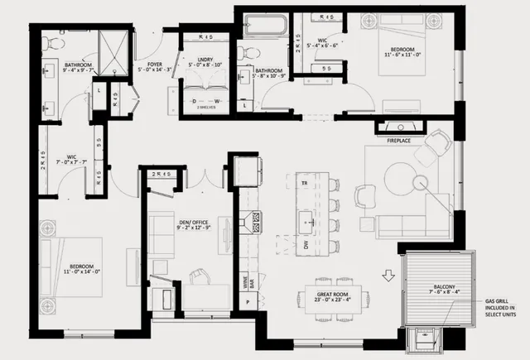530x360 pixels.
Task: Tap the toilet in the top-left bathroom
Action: point(51,41)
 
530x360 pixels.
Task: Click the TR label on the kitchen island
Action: point(305,182)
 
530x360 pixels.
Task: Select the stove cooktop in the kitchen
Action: point(258,220)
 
